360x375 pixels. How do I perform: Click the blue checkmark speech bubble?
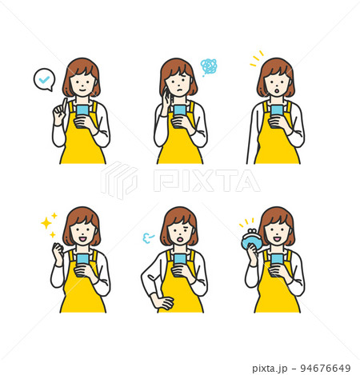pyautogui.click(x=44, y=80)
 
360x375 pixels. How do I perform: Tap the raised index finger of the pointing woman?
pyautogui.click(x=64, y=105)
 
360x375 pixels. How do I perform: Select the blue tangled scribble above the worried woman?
pyautogui.click(x=209, y=66)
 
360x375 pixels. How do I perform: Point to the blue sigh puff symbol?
pyautogui.click(x=148, y=237)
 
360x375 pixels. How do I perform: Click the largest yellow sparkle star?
pyautogui.click(x=46, y=223)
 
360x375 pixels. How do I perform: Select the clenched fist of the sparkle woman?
pyautogui.click(x=58, y=249)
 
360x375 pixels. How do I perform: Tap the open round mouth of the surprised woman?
pyautogui.click(x=277, y=91)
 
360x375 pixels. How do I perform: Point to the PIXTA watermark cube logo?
pyautogui.click(x=119, y=180)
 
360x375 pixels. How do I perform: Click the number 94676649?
pyautogui.click(x=326, y=369)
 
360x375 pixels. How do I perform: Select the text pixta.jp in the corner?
pyautogui.click(x=270, y=369)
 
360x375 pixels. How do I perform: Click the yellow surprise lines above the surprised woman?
pyautogui.click(x=257, y=58)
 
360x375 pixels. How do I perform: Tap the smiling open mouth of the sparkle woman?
pyautogui.click(x=82, y=239)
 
